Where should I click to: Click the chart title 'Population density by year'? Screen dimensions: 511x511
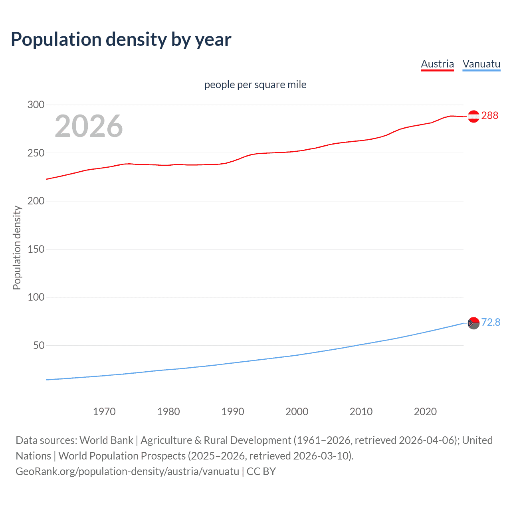coord(121,40)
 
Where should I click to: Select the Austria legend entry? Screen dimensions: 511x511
coord(437,64)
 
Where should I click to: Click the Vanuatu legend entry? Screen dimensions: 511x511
coord(481,64)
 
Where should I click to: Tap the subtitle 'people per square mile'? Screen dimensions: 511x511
coord(255,85)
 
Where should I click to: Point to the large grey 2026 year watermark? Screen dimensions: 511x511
coord(89,126)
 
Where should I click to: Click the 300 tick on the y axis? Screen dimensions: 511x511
coord(36,105)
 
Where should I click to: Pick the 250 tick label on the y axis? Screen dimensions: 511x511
coord(36,153)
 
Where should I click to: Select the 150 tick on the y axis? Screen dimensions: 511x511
coord(36,249)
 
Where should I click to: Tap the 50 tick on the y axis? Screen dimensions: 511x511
coord(39,345)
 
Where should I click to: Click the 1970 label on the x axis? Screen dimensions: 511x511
coord(104,412)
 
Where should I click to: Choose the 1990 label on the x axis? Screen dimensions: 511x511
coord(233,412)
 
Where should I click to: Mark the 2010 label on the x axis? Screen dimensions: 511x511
coord(361,412)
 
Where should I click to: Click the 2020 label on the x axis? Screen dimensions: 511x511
coord(425,412)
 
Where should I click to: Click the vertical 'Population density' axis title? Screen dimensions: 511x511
coord(17,248)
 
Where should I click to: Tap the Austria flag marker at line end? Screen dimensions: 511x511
coord(473,116)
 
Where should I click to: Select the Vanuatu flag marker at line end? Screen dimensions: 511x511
coord(473,323)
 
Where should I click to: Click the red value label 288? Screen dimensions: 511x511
coord(490,116)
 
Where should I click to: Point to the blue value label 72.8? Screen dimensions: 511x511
coord(491,322)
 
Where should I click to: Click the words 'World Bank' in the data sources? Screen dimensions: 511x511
coord(106,440)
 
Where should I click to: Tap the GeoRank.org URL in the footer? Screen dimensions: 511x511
coord(127,471)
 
